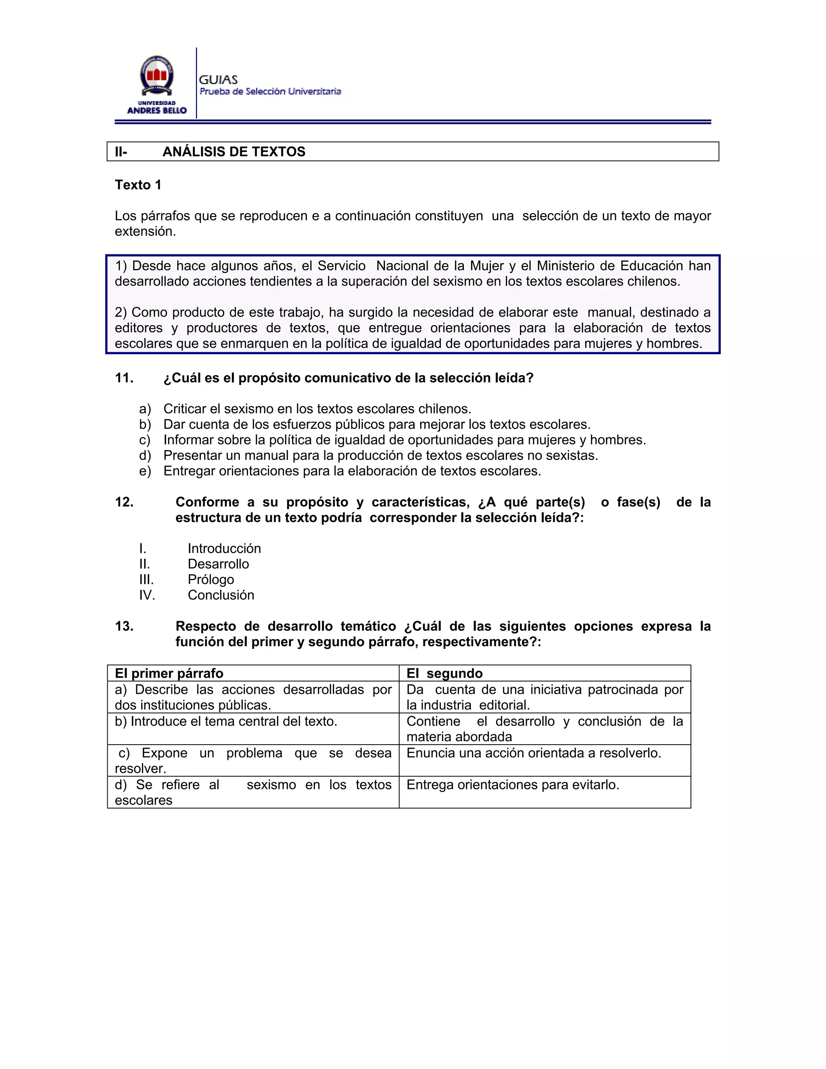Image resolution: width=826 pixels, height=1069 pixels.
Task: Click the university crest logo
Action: tap(156, 76)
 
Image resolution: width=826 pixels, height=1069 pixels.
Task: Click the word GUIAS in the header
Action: tap(218, 80)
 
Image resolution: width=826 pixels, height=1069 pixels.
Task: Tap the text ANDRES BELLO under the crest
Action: tap(156, 111)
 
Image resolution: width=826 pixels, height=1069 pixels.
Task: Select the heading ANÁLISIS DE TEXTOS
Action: tap(234, 152)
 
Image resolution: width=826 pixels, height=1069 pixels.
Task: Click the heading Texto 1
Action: tap(138, 185)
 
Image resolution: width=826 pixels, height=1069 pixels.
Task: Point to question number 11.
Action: tap(124, 378)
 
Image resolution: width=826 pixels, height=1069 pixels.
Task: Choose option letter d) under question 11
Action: tap(145, 456)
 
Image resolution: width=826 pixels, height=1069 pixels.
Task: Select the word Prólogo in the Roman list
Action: tap(211, 580)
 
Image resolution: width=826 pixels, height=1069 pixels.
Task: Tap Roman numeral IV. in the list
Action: tap(147, 595)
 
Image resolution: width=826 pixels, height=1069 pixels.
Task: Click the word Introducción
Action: tap(224, 549)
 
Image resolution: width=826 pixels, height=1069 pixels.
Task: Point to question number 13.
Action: tap(124, 626)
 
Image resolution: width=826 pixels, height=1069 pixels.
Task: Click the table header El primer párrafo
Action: tap(169, 674)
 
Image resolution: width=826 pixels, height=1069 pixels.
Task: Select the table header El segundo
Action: tap(444, 674)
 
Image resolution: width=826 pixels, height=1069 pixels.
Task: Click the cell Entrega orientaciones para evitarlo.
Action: tap(513, 785)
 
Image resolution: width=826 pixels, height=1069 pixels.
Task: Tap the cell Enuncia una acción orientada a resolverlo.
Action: tap(533, 753)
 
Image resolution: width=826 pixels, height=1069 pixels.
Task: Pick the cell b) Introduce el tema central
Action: tap(226, 722)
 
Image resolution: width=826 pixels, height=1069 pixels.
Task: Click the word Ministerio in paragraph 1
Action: tap(566, 266)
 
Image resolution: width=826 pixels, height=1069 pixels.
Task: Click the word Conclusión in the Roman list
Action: tap(221, 595)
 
